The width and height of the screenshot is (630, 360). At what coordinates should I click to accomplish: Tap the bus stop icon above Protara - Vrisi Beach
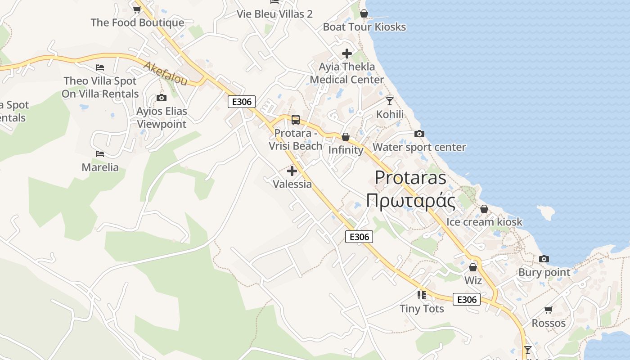click(x=296, y=120)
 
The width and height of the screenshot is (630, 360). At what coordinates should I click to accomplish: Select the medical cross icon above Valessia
click(x=292, y=171)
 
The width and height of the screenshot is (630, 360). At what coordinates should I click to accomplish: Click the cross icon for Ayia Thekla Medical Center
click(x=347, y=54)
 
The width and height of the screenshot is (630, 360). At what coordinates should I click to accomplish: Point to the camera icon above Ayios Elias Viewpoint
click(x=161, y=98)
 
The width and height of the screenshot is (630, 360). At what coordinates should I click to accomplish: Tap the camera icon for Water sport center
click(x=419, y=134)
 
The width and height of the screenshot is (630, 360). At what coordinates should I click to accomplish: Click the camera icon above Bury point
click(x=544, y=259)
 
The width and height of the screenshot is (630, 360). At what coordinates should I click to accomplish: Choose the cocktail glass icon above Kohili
click(x=390, y=101)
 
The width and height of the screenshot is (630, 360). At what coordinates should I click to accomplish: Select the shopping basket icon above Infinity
click(x=346, y=137)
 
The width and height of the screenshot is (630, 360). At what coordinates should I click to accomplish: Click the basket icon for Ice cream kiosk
click(x=484, y=209)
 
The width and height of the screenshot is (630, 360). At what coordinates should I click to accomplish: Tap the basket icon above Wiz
click(x=473, y=267)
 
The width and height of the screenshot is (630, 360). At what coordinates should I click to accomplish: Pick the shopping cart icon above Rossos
click(x=548, y=310)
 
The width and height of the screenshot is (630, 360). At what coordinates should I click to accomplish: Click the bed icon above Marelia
click(x=100, y=154)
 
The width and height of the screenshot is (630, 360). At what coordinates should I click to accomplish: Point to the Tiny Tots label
click(x=422, y=309)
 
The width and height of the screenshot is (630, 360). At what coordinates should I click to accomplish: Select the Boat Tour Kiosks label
click(x=364, y=27)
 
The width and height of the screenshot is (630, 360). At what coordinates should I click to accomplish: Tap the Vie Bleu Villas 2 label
click(x=275, y=14)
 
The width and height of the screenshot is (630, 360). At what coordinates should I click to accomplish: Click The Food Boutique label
click(x=137, y=22)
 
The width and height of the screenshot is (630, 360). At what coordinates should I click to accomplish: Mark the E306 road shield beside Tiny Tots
click(x=467, y=299)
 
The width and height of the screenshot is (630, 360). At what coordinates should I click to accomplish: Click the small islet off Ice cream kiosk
click(x=546, y=212)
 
